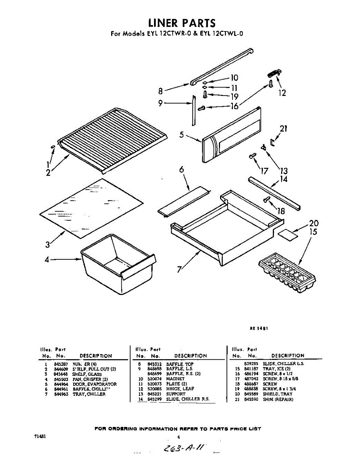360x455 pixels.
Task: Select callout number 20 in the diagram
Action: point(314,223)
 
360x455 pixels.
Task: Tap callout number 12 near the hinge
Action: point(282,93)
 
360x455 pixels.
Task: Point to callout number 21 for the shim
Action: point(283,129)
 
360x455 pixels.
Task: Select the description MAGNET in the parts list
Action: point(175,379)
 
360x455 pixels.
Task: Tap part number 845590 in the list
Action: point(251,399)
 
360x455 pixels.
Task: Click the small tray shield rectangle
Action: point(288,234)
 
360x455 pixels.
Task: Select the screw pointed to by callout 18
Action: point(267,199)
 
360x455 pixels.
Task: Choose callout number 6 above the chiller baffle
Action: point(181,170)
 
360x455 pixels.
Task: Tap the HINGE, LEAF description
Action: point(180,389)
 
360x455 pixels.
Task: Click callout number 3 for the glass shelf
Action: point(47,245)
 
